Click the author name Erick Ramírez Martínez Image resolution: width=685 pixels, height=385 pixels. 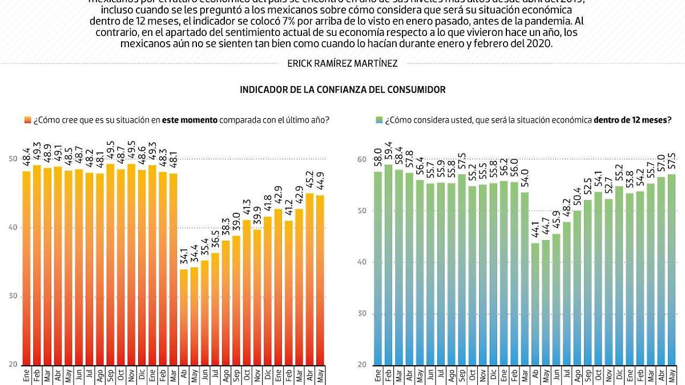pyautogui.click(x=342, y=64)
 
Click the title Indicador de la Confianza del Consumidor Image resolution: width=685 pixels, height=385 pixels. pyautogui.click(x=342, y=90)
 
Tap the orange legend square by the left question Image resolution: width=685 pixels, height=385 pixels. pyautogui.click(x=27, y=120)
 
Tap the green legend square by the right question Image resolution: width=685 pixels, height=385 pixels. pyautogui.click(x=378, y=120)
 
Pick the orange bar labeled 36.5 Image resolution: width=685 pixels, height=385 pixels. pyautogui.click(x=215, y=309)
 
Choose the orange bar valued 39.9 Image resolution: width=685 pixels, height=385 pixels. pyautogui.click(x=257, y=297)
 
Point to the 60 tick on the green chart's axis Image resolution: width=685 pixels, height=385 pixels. pyautogui.click(x=361, y=160)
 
